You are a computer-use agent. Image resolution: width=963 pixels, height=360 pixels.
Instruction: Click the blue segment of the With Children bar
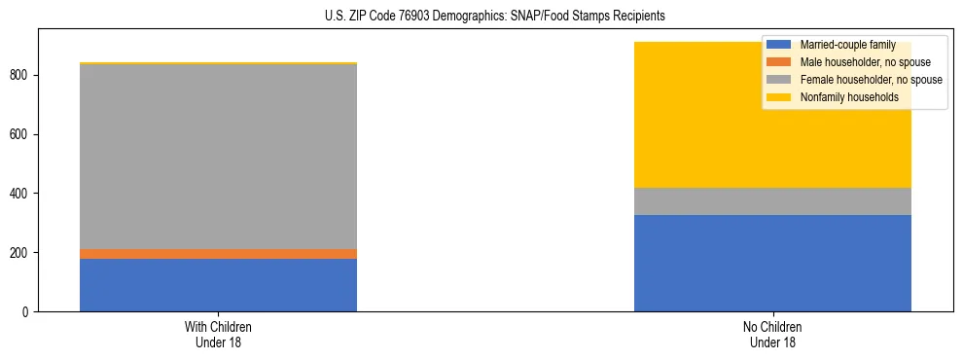pyautogui.click(x=218, y=284)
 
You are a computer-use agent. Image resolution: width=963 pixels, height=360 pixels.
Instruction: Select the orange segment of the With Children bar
pyautogui.click(x=218, y=254)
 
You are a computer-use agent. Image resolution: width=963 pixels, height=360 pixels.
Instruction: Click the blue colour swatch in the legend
pyautogui.click(x=779, y=45)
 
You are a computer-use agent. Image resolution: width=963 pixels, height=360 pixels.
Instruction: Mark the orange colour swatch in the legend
pyautogui.click(x=779, y=62)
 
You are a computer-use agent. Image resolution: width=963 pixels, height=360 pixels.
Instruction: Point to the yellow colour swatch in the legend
pyautogui.click(x=779, y=97)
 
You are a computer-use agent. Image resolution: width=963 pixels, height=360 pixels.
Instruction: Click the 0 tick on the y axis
pyautogui.click(x=26, y=312)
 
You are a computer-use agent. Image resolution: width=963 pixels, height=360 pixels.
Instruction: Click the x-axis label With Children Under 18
pyautogui.click(x=218, y=334)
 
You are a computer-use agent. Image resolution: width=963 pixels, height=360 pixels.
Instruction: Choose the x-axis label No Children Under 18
pyautogui.click(x=772, y=334)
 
